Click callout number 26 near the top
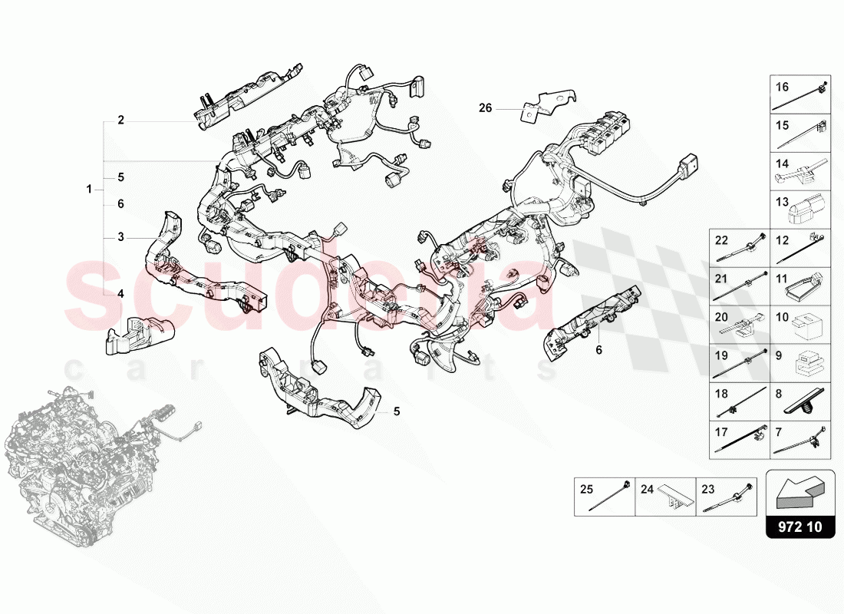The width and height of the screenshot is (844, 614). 485,108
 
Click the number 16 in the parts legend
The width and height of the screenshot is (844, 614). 782,87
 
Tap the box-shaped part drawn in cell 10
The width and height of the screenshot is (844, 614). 809,326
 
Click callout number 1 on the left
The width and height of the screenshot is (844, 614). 90,189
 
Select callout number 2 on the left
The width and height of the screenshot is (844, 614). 120,120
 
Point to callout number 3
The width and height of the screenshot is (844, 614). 120,237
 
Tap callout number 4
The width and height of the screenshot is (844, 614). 120,293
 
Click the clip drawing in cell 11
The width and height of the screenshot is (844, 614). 809,286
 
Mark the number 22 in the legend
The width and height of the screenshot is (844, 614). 721,240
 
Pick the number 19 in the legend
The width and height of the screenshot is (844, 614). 721,355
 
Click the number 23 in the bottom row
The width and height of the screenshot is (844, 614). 707,488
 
